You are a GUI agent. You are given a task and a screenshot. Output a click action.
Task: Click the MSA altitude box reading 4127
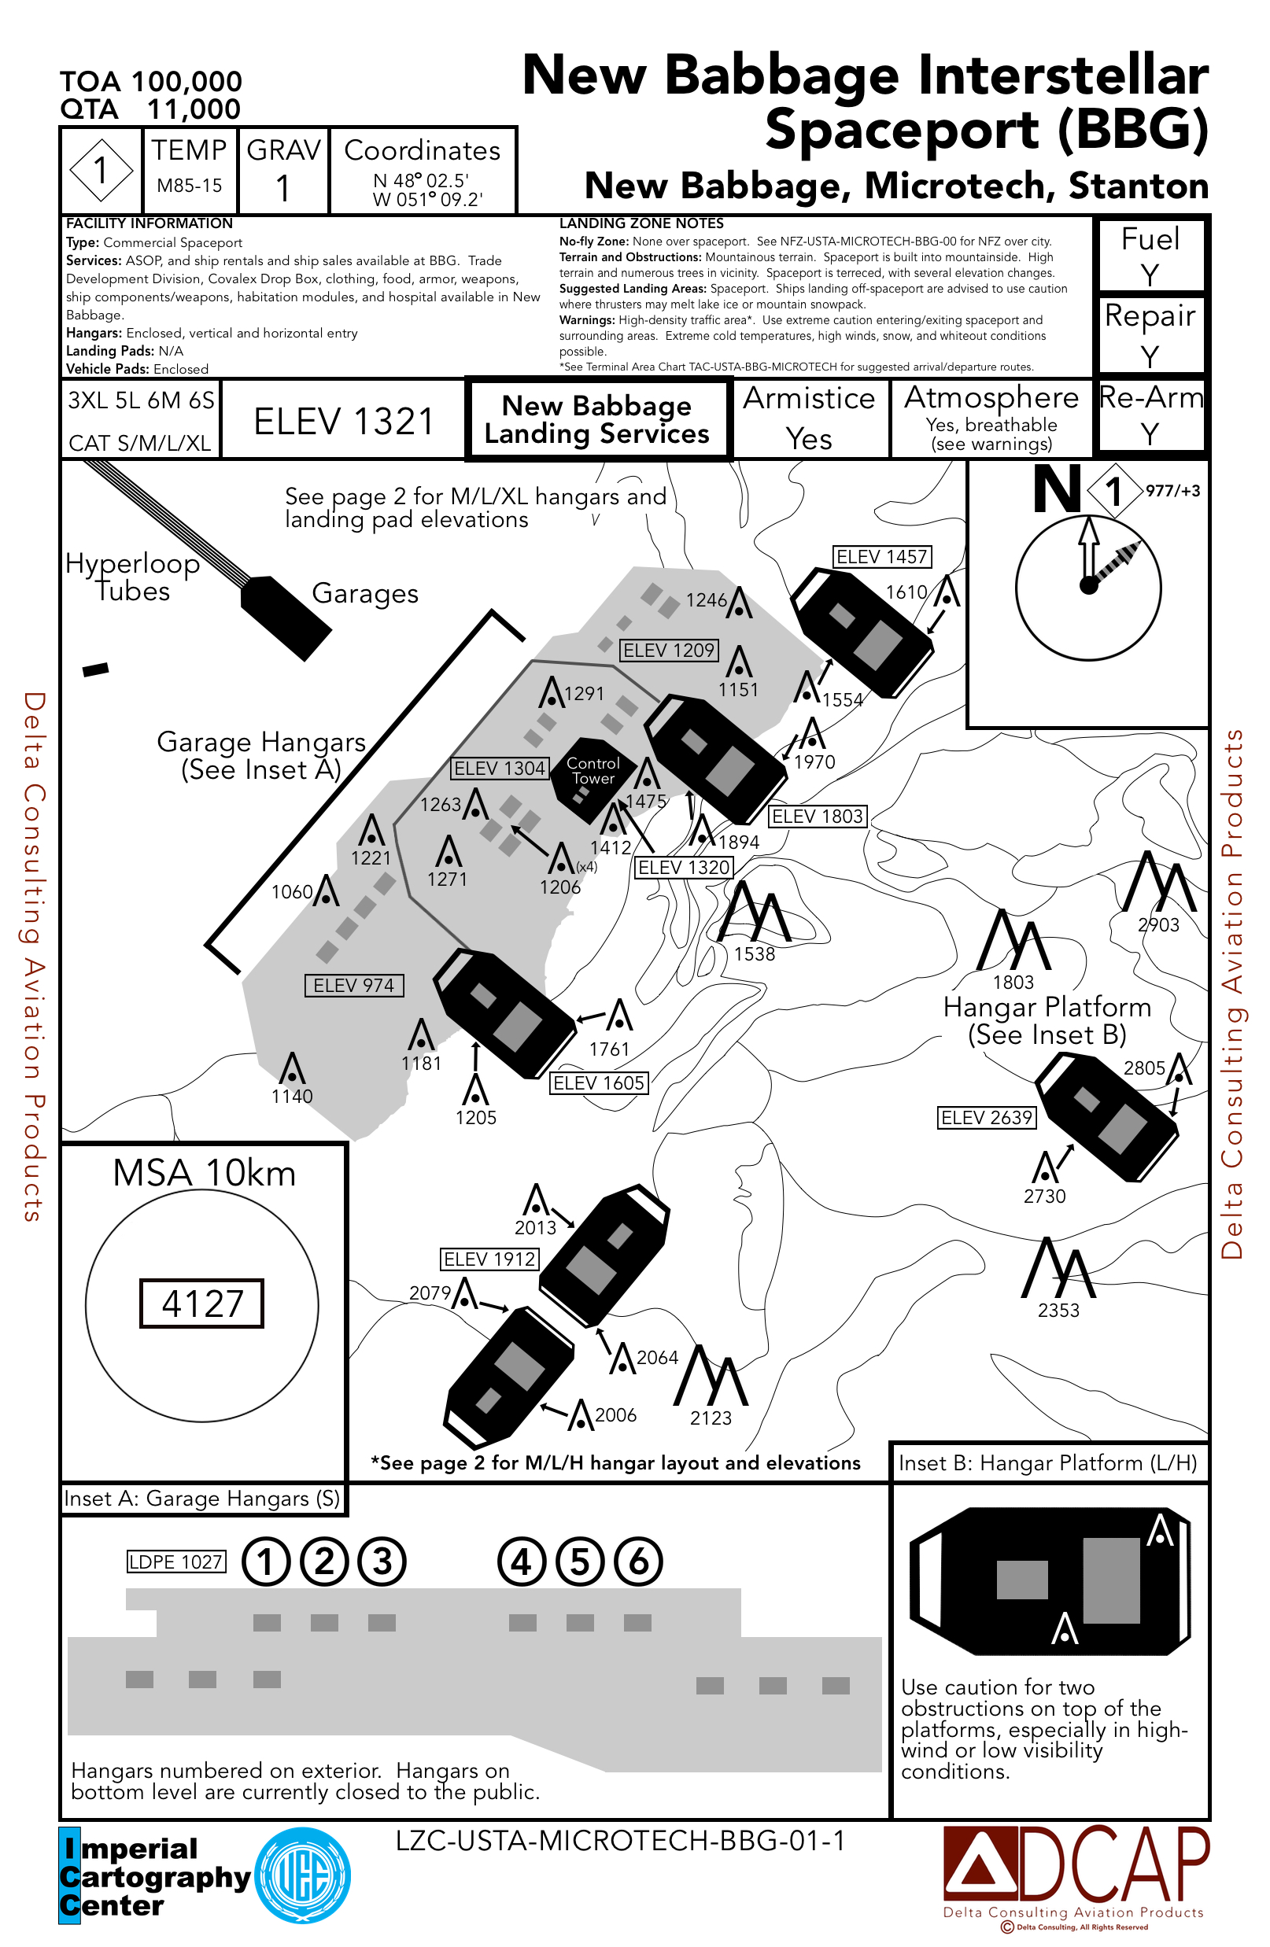coord(201,1303)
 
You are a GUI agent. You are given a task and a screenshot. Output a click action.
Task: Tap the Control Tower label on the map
coord(593,771)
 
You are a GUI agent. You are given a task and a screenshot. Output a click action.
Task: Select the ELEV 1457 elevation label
coord(881,557)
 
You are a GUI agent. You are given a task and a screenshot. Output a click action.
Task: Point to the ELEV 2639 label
coord(986,1118)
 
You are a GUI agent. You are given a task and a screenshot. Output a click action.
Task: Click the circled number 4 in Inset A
coord(521,1562)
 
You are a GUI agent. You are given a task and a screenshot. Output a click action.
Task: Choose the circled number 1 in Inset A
coord(266,1562)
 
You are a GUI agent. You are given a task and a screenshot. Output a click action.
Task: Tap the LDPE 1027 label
coord(176,1562)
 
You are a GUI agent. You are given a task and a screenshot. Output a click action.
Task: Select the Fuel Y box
coord(1150,255)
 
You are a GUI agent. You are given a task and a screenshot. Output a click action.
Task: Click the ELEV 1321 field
coord(344,422)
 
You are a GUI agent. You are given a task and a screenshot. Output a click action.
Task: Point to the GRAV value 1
coord(283,189)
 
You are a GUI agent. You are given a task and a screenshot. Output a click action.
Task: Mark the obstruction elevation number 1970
coord(814,761)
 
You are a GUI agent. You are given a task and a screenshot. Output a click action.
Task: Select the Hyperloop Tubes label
coord(132,577)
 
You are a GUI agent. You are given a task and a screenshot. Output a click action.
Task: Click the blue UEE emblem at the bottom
coord(303,1876)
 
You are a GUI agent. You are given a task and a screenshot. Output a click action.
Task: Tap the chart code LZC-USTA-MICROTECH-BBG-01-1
coord(619,1841)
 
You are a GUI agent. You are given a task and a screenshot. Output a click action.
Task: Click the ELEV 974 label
coord(353,985)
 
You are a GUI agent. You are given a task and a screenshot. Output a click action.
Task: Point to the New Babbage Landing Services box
coord(596,419)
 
